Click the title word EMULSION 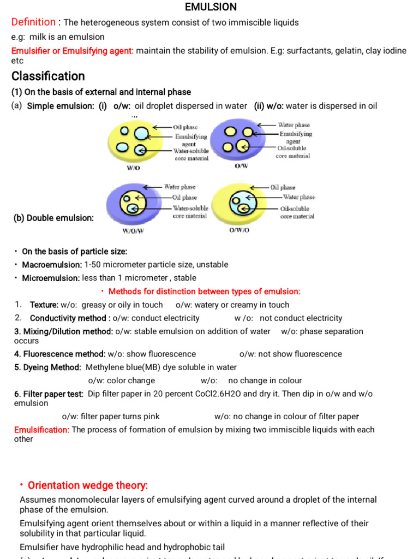click(211, 7)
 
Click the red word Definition click(33, 22)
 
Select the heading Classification click(48, 76)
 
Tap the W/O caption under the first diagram click(134, 168)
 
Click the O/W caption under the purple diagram click(241, 166)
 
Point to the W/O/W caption click(133, 230)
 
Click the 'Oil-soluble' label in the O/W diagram click(292, 148)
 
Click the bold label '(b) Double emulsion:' click(53, 218)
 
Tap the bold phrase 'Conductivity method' click(68, 318)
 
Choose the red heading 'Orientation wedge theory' click(88, 485)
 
